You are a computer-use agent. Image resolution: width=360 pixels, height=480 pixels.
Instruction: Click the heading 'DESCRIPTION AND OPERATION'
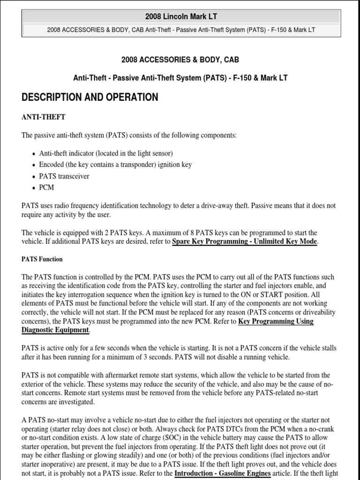90,97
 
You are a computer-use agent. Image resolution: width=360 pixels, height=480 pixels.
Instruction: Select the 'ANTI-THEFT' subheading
44,117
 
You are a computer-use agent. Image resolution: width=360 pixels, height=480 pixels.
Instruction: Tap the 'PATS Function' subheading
42,259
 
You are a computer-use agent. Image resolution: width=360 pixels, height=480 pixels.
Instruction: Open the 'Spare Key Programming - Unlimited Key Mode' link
245,241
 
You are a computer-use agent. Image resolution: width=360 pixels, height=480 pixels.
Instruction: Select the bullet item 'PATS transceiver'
64,176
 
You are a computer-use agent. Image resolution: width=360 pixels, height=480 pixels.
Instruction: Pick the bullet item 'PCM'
47,187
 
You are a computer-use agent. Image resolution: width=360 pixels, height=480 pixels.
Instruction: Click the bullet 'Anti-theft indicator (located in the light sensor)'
106,153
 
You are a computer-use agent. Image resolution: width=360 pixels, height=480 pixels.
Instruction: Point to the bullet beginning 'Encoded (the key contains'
115,165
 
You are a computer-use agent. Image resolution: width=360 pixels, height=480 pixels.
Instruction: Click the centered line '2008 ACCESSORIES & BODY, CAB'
180,60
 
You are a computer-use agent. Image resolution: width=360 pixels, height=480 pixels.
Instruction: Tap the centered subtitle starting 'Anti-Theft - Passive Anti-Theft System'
180,78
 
